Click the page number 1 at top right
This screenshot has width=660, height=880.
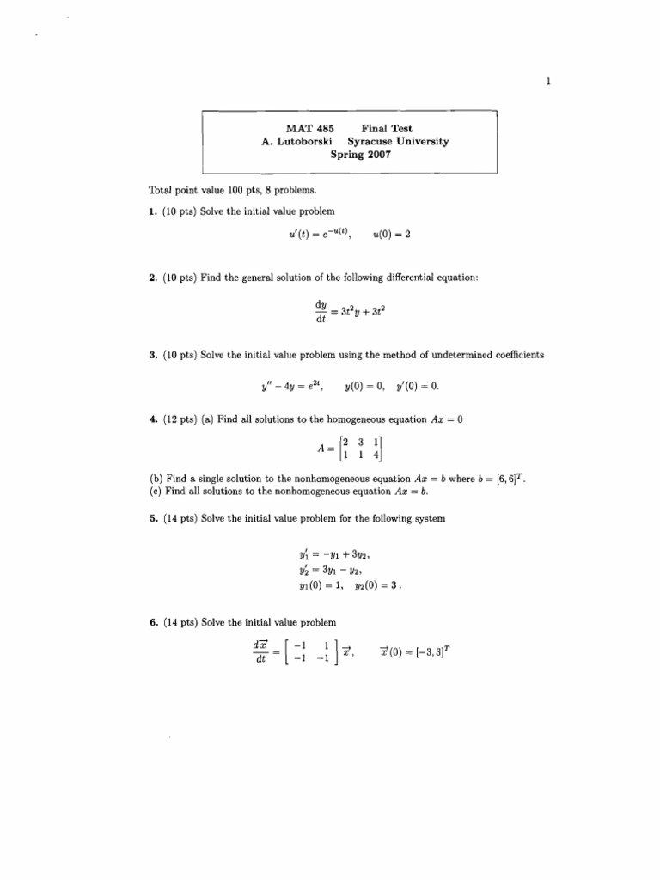pos(547,82)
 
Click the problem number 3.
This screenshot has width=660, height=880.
pos(150,355)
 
